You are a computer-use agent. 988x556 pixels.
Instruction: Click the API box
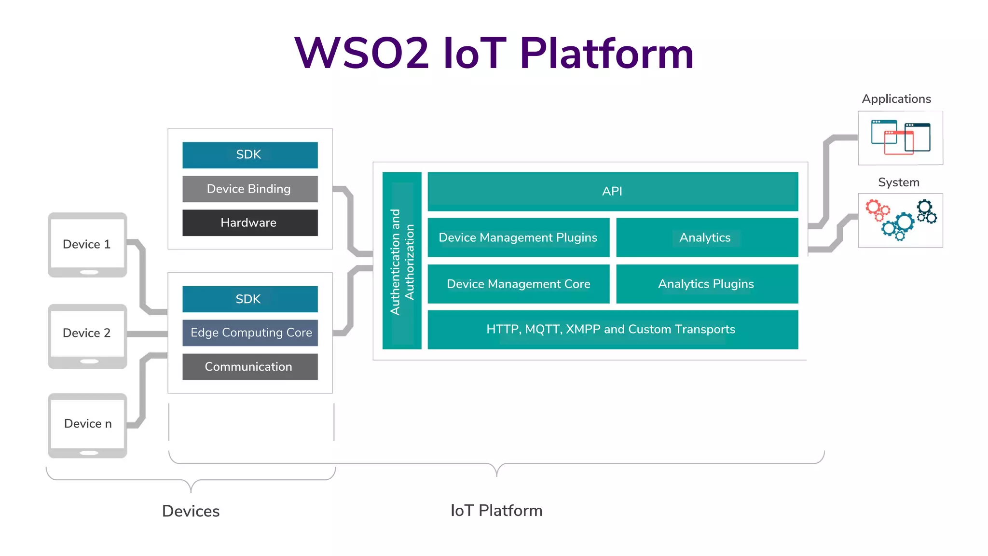click(x=613, y=191)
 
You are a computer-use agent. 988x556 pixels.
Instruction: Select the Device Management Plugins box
click(x=518, y=237)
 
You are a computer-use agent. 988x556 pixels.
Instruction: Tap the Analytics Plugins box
click(x=707, y=284)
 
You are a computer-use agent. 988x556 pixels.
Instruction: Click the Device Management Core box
click(x=518, y=284)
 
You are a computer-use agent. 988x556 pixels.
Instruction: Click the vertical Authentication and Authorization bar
click(x=402, y=261)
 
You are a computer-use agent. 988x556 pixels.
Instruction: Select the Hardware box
click(x=250, y=222)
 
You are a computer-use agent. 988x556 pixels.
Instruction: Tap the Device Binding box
click(x=250, y=189)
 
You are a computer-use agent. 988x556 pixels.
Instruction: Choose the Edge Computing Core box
click(x=250, y=333)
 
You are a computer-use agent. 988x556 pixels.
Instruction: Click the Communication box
click(x=250, y=367)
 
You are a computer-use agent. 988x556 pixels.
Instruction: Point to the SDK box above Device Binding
click(x=250, y=155)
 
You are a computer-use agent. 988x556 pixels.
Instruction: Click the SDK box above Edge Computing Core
click(x=250, y=299)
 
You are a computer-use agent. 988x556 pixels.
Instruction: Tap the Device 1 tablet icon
click(x=87, y=245)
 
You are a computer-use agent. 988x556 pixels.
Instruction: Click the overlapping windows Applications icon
click(x=900, y=138)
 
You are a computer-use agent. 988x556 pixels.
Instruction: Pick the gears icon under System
click(x=900, y=220)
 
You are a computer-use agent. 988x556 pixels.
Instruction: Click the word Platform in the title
click(x=606, y=53)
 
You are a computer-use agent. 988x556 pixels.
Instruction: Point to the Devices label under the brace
click(x=191, y=511)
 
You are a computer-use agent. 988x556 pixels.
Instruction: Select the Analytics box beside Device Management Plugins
click(x=707, y=237)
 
